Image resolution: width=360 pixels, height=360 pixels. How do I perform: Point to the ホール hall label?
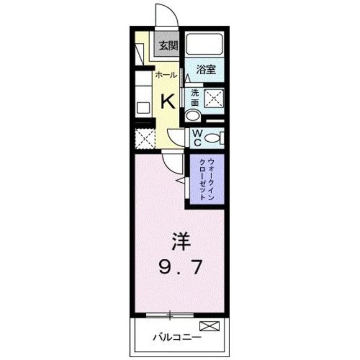click(x=166, y=74)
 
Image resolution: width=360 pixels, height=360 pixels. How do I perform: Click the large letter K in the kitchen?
click(x=168, y=101)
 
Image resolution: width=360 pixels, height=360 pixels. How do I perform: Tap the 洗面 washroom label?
click(x=195, y=98)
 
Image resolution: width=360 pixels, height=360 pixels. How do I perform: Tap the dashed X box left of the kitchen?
click(x=145, y=138)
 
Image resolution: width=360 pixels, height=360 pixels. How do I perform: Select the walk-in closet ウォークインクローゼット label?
click(x=206, y=180)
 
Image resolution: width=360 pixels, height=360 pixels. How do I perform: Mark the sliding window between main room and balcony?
click(x=169, y=313)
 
